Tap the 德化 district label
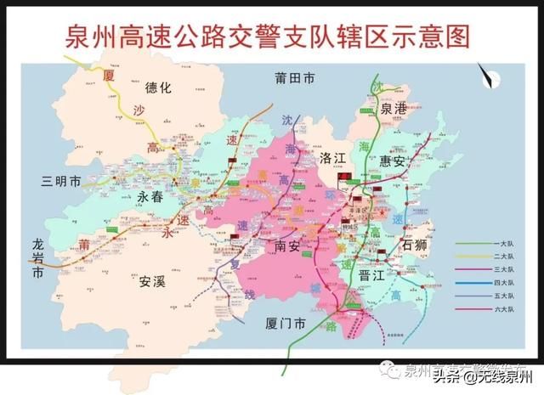coord(158,87)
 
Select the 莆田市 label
coord(295,78)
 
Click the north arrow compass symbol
coord(488,78)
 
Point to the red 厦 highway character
coord(108,75)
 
